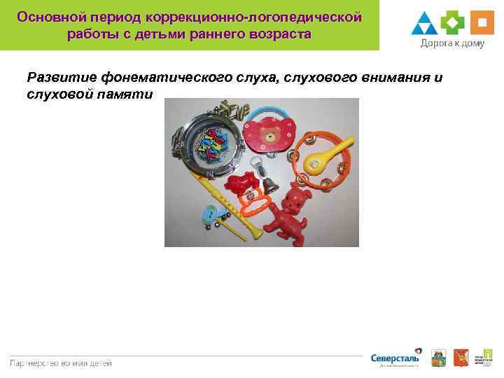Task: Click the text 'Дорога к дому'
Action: (453, 43)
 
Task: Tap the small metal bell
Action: (267, 183)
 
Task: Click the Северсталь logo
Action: (395, 358)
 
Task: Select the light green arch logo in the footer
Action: (484, 357)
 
